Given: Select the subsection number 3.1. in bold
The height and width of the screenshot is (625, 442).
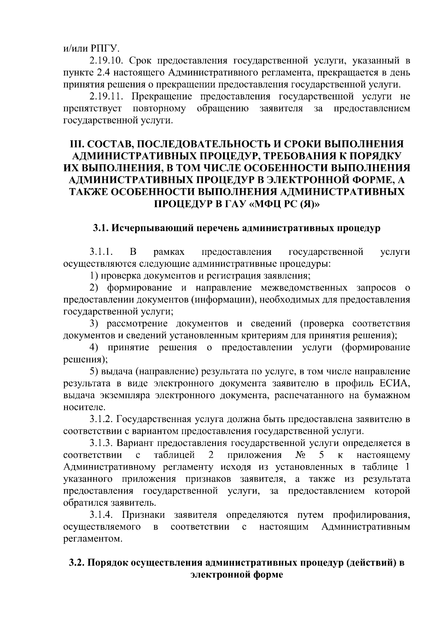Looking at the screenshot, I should pyautogui.click(x=101, y=228).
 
